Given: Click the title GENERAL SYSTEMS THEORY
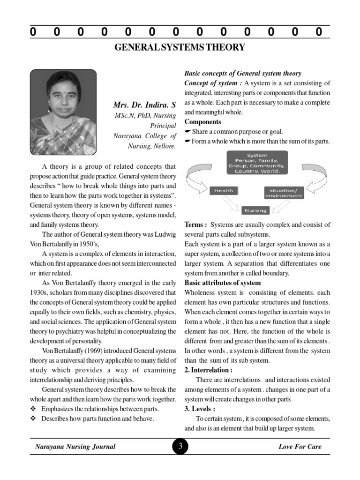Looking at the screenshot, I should [x=180, y=47].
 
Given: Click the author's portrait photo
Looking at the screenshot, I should [x=63, y=112].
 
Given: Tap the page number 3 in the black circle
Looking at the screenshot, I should [x=180, y=447].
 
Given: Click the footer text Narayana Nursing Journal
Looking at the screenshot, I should [x=75, y=447].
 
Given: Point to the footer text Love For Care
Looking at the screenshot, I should [x=300, y=447].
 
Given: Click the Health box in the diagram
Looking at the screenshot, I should [x=224, y=190].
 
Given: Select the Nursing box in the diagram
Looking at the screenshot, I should [x=255, y=210].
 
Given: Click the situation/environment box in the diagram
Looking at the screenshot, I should [x=283, y=193].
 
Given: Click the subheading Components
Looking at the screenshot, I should [x=202, y=122].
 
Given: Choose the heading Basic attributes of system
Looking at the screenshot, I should [x=223, y=283].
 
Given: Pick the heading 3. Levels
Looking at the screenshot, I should [x=200, y=409].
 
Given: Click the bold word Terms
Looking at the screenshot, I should [x=195, y=225].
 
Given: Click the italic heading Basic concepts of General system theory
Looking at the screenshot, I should [x=243, y=73].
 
